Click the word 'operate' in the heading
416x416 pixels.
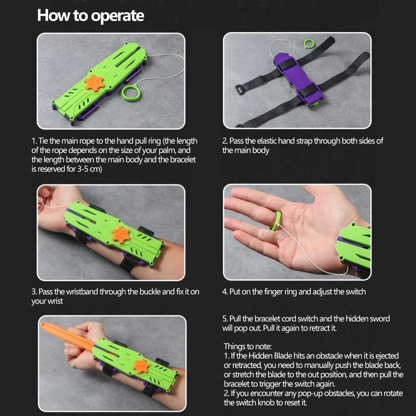[117, 16]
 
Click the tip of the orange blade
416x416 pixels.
[41, 324]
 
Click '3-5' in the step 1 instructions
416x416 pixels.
[83, 169]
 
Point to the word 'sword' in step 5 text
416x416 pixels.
[380, 319]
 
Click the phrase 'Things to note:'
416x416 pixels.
[248, 346]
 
